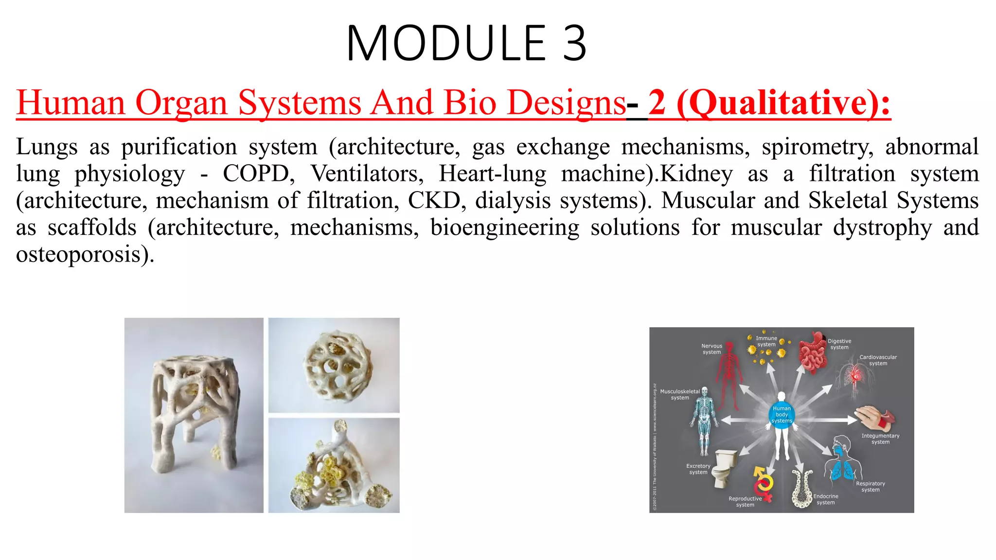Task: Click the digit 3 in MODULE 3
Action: tap(574, 44)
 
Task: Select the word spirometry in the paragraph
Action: tap(817, 147)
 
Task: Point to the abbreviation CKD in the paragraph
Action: tap(434, 201)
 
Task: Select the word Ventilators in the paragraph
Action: tap(367, 174)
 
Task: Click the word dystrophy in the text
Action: tap(882, 227)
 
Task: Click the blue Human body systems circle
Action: tap(782, 415)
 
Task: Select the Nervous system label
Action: tap(711, 349)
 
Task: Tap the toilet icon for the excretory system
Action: tap(725, 467)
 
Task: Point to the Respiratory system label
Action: tap(870, 487)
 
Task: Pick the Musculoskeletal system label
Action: tap(680, 394)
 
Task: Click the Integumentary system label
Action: tap(880, 439)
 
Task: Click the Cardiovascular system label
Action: tap(878, 360)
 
